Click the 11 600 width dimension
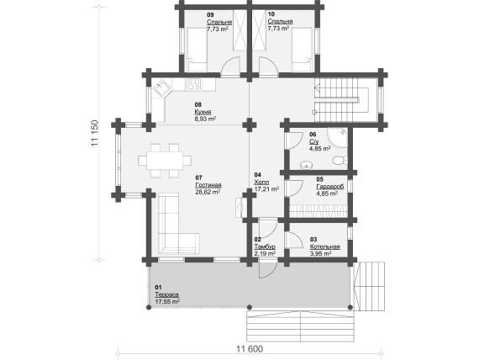tap(250, 349)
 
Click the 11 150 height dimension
tap(95, 133)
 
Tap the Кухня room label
tap(203, 112)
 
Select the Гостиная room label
tap(208, 185)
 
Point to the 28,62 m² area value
tap(208, 192)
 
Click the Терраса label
tap(166, 294)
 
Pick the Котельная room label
tap(325, 246)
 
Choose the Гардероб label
tap(330, 187)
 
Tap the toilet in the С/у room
tap(340, 161)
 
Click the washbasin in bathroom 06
tap(306, 166)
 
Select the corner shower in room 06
tap(337, 138)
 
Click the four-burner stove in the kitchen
tap(193, 84)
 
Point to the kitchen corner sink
tap(162, 87)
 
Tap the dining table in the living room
tap(165, 161)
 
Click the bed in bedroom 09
tap(197, 50)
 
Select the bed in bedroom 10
tap(302, 50)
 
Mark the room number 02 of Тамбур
tap(257, 240)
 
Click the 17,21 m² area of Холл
tap(266, 189)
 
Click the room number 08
tap(198, 104)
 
